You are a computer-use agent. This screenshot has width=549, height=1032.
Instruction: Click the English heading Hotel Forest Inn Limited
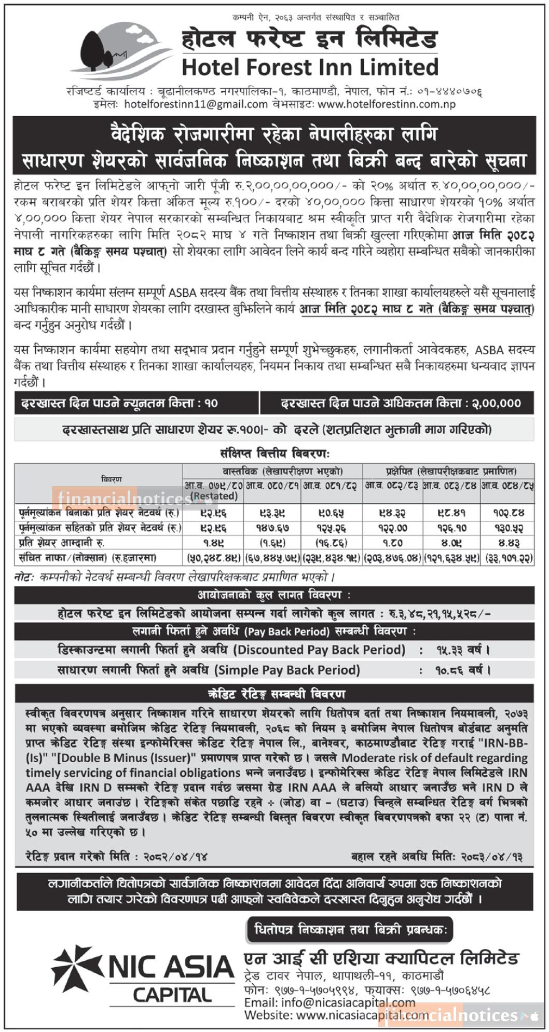coord(310,67)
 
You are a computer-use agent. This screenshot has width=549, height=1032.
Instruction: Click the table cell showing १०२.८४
coord(509,513)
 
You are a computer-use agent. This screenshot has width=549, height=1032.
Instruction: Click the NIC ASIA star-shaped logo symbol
coord(76,968)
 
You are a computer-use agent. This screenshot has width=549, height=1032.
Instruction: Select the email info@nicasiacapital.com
coord(330,1002)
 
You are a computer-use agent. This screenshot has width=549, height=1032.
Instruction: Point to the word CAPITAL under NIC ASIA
coord(172,995)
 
